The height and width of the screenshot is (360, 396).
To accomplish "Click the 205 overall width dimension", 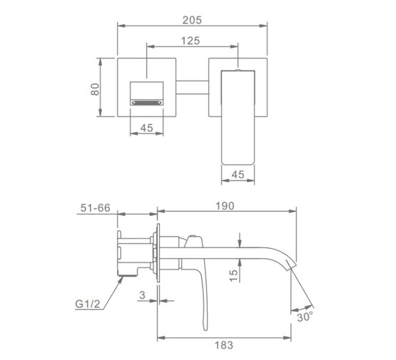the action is pos(192,20).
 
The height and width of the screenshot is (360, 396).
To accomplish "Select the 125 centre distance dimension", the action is pos(191,41).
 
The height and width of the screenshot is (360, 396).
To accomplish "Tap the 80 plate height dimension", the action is pos(95,89).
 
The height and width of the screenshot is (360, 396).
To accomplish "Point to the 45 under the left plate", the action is pos(146,128).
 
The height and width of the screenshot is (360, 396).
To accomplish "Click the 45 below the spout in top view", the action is pos(238,175).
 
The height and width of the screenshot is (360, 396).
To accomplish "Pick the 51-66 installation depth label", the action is pos(96,208).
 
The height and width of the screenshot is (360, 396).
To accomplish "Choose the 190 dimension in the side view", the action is pos(225,206).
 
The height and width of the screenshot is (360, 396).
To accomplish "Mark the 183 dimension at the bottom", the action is pos(224,345).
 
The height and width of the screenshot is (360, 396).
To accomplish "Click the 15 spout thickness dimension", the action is pos(233,275).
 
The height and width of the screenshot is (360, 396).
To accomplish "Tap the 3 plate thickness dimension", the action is pos(143,295).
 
